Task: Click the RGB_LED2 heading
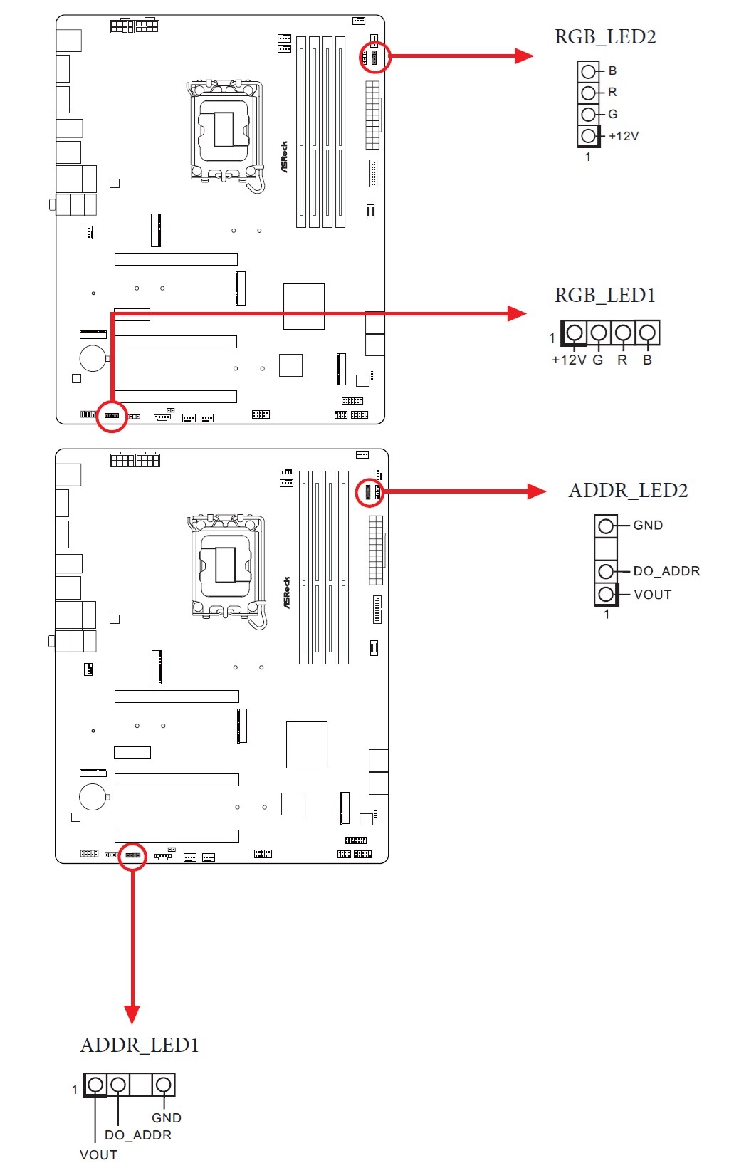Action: click(x=605, y=37)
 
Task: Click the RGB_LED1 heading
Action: click(x=604, y=296)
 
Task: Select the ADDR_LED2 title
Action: click(x=628, y=491)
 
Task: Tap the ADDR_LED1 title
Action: click(x=140, y=1045)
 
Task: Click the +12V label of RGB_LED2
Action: click(x=624, y=136)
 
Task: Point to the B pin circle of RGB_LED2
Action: click(x=588, y=71)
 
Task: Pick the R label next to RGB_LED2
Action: click(x=612, y=93)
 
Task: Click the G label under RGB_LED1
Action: click(x=598, y=360)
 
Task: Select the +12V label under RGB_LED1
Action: click(x=569, y=360)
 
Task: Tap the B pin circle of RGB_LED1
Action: click(x=647, y=332)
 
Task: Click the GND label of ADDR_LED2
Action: click(x=648, y=526)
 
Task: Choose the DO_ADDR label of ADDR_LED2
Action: click(x=666, y=571)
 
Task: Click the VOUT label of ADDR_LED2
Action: click(x=653, y=595)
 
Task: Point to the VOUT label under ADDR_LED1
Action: click(x=98, y=1154)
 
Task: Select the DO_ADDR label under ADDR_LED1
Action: click(x=138, y=1135)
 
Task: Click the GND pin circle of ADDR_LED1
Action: click(x=163, y=1085)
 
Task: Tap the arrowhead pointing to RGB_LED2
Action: click(x=524, y=56)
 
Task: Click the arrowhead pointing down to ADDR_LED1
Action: click(x=132, y=1014)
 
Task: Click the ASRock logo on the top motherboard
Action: click(x=285, y=156)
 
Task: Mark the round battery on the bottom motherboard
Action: click(x=93, y=796)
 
